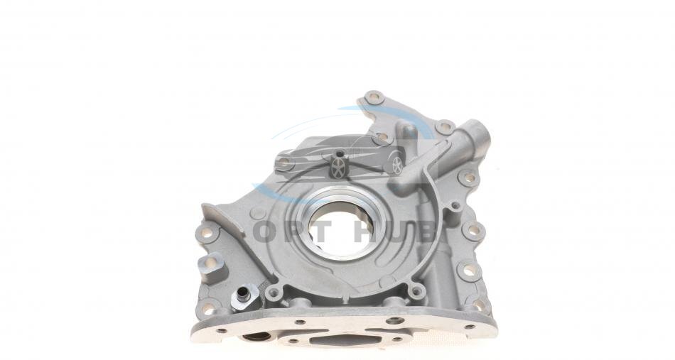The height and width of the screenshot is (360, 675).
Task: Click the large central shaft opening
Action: coord(340,229)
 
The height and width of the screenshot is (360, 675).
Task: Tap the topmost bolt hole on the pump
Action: coord(374,98)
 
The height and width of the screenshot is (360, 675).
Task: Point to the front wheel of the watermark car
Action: coord(339,168)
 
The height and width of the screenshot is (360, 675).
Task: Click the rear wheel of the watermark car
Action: coord(397,165)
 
